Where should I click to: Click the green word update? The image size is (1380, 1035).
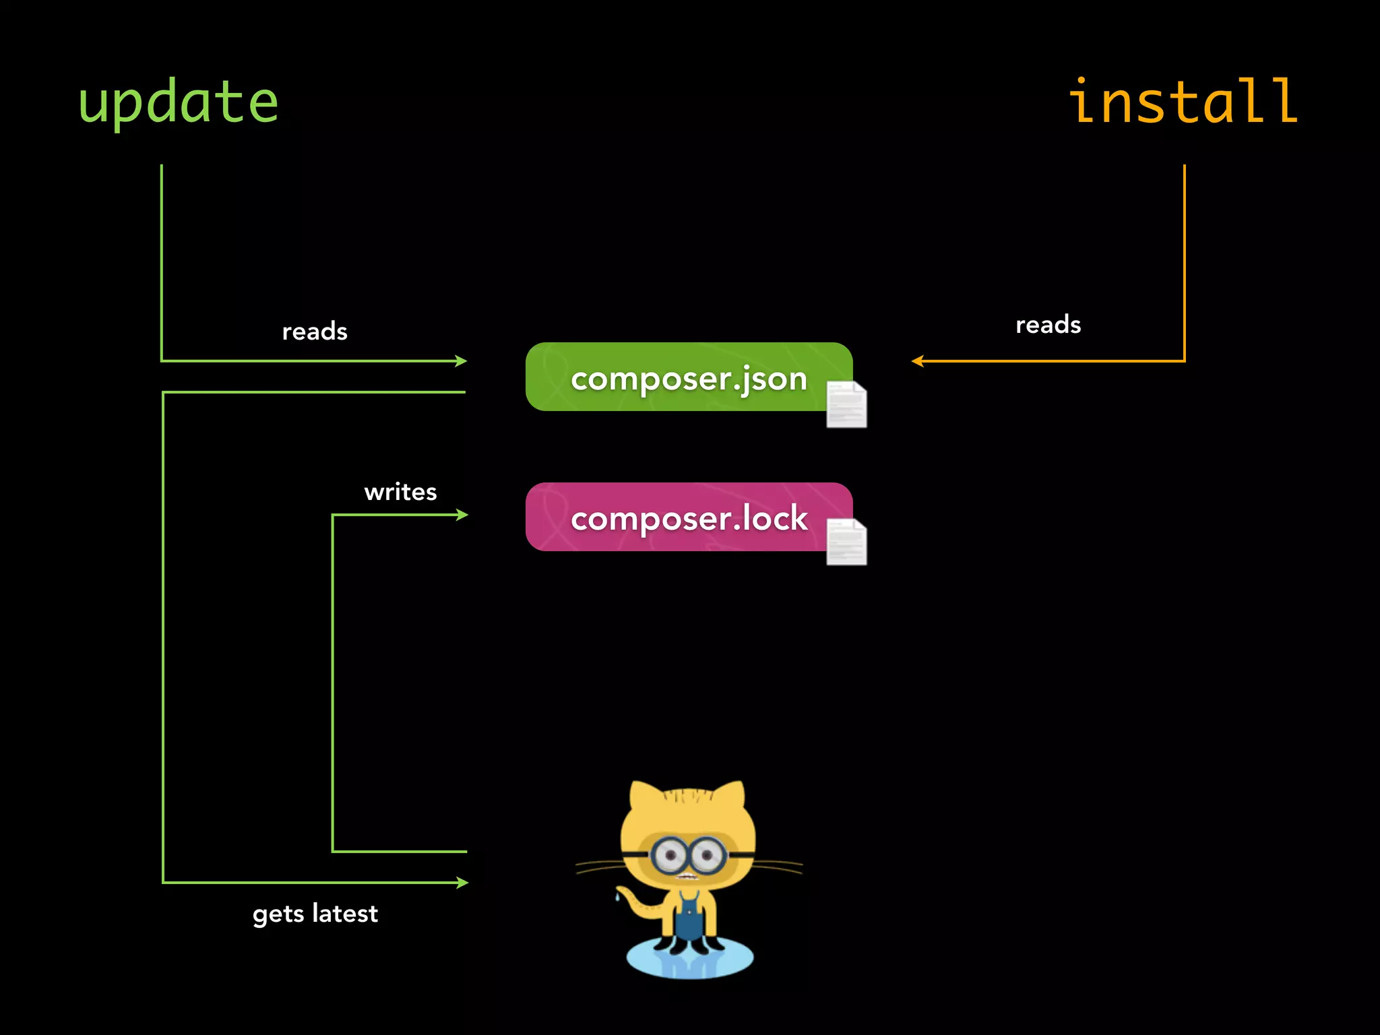coord(179,102)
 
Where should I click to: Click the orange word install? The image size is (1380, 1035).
coord(1183,102)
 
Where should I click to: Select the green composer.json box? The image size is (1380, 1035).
coord(689,377)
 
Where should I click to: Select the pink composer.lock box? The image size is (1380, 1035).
coord(689,517)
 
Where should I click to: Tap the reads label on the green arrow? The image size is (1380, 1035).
coord(315,332)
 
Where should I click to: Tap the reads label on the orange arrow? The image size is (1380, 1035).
coord(1048,325)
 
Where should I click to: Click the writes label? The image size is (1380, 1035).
coord(400,493)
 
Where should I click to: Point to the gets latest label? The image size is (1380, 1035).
coord(315,914)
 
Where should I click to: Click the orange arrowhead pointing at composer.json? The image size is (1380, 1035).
coord(918,361)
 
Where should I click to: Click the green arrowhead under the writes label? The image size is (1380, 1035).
coord(462,515)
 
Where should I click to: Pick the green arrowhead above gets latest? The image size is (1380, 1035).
coord(462,882)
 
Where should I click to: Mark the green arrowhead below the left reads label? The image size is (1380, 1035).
coord(461,361)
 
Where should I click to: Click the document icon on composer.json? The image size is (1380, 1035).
coord(846,404)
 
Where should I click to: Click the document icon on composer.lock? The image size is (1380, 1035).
coord(846,542)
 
